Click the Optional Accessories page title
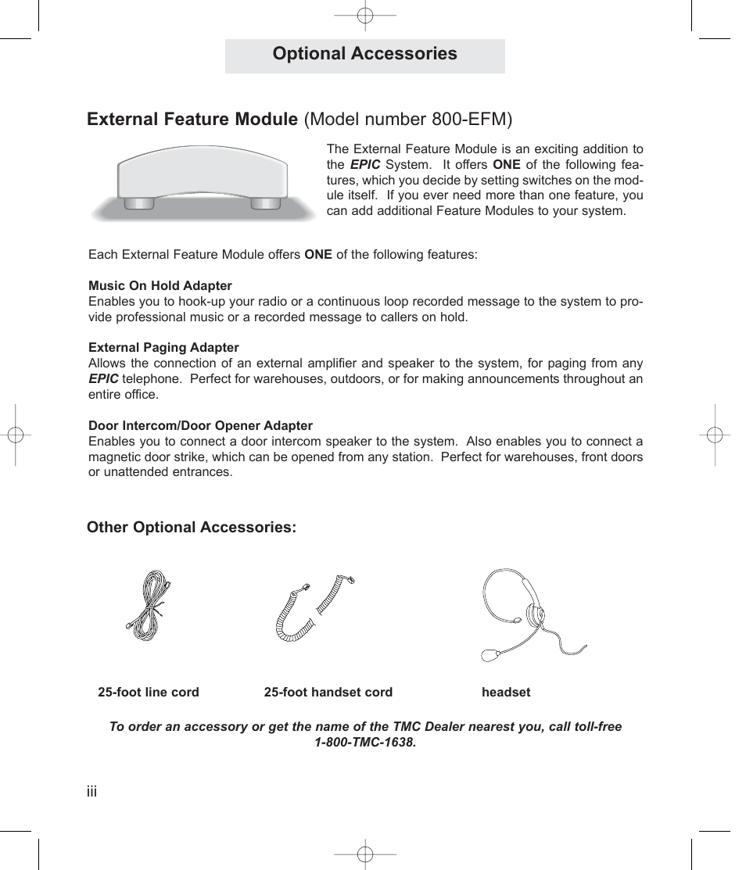coord(364,54)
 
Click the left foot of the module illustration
coord(139,203)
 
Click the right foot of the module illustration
coord(265,203)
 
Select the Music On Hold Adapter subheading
coord(160,286)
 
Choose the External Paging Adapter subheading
coord(163,348)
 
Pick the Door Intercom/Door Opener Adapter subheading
coord(200,426)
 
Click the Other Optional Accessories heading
coord(192,528)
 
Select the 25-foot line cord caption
coord(149,693)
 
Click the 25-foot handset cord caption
coord(328,693)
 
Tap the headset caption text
coord(506,693)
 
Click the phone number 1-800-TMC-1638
coord(365,743)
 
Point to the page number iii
coord(91,793)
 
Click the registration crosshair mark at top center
coord(365,15)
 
